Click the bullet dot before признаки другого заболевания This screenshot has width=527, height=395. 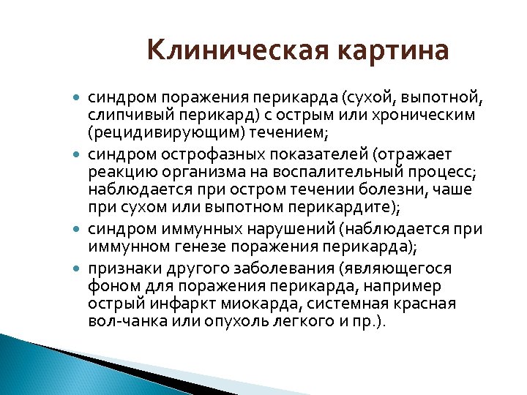[x=78, y=269]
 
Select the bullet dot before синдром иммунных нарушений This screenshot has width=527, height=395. [x=78, y=230]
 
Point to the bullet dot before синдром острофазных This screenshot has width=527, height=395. [x=78, y=155]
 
